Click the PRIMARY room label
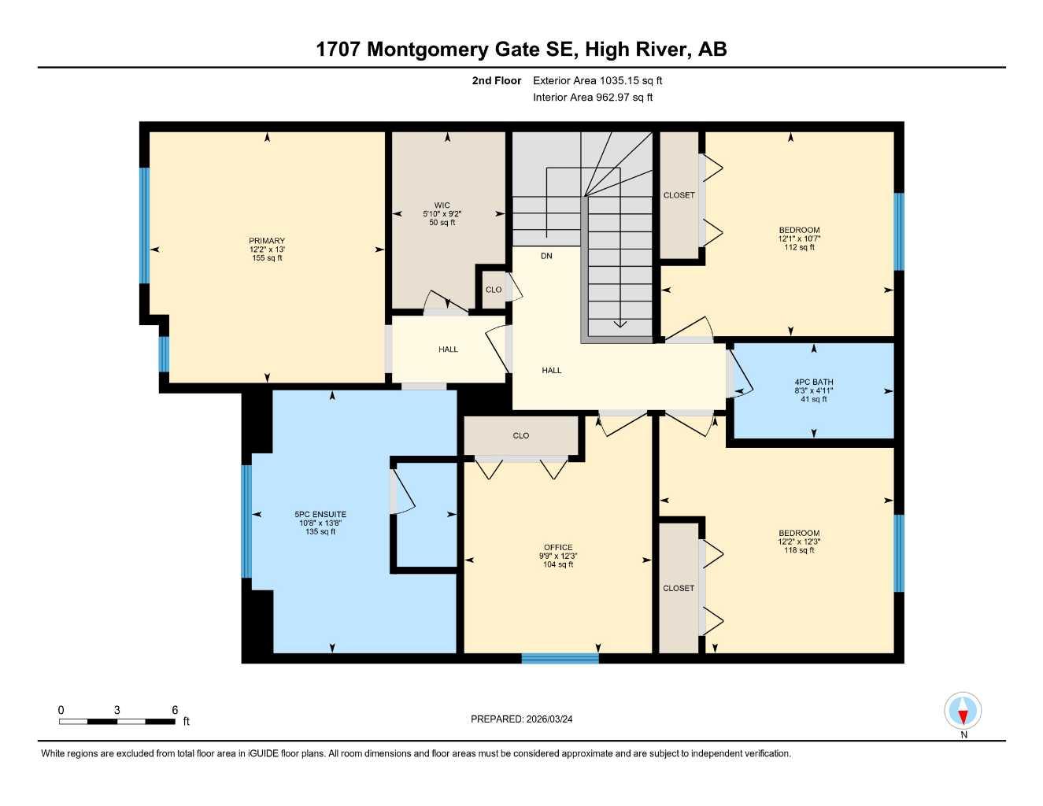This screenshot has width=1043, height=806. (267, 241)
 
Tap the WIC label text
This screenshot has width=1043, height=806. (442, 205)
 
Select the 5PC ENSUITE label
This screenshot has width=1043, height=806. (320, 514)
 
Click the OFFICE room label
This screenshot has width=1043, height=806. (558, 548)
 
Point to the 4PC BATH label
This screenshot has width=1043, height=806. (813, 383)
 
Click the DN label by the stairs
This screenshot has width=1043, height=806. (546, 256)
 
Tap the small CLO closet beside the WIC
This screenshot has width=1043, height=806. (494, 290)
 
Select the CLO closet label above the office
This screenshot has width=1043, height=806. (521, 435)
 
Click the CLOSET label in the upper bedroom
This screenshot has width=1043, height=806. (679, 195)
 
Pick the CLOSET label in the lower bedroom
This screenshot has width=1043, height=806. (679, 588)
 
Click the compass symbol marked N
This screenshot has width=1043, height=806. (963, 712)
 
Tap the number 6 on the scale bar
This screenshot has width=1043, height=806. (175, 710)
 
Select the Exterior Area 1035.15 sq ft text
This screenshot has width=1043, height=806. (597, 80)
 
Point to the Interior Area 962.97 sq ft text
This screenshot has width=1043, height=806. (593, 98)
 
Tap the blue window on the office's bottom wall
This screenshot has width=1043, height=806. (560, 658)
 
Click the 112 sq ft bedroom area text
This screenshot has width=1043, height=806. (799, 247)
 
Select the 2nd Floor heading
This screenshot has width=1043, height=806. (497, 80)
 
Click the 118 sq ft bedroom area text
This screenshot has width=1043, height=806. (799, 550)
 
